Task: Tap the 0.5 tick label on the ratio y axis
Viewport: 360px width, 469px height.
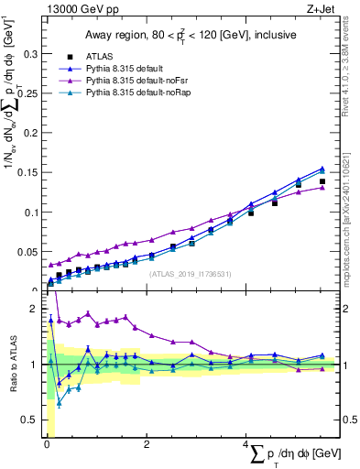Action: (30, 420)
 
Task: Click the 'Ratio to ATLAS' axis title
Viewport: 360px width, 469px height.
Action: (12, 365)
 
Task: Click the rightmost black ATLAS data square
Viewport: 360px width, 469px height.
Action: (322, 181)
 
